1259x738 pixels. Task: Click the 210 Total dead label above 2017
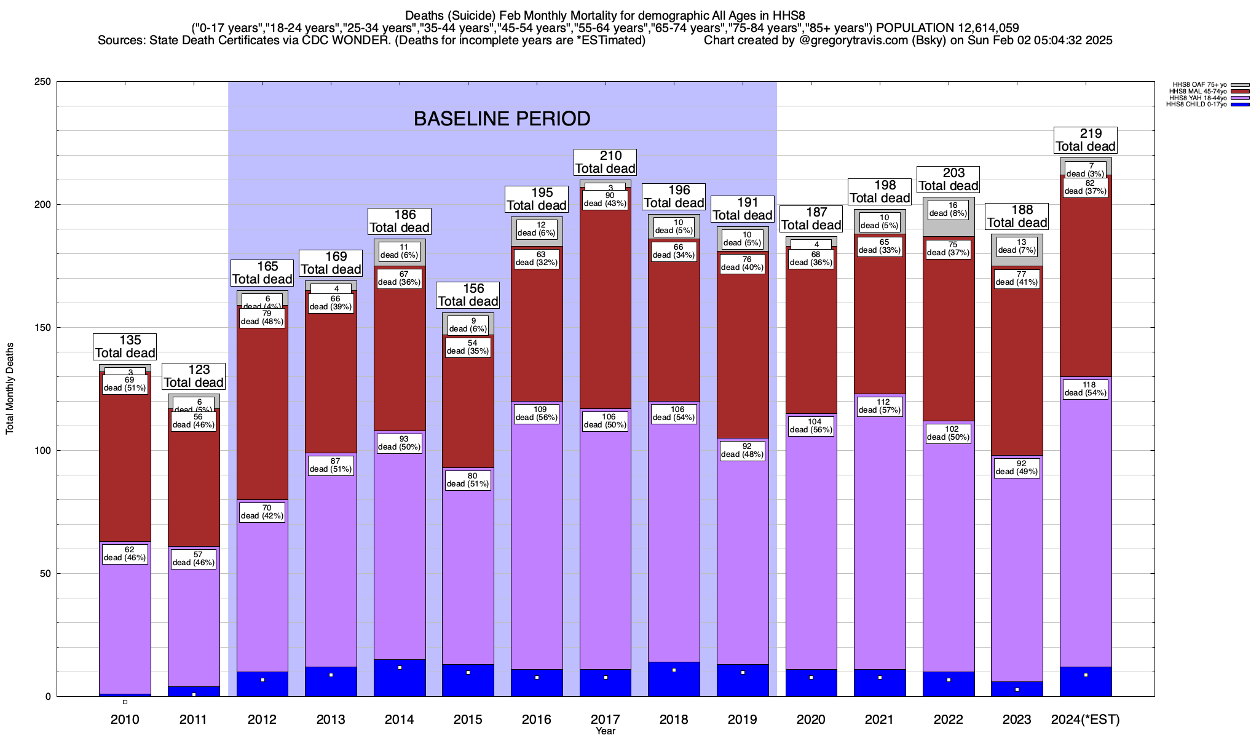(x=606, y=162)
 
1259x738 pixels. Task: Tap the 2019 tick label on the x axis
(x=743, y=720)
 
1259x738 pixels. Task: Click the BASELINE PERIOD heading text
(x=502, y=119)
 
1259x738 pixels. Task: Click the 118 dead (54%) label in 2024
(x=1086, y=389)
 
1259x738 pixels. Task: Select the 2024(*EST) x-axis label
(x=1086, y=720)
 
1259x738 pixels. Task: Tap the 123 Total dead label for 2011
(x=194, y=376)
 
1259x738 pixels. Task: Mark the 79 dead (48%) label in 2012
(x=262, y=317)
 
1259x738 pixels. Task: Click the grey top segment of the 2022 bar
(x=949, y=228)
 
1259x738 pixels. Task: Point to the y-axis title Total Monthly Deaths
(x=10, y=389)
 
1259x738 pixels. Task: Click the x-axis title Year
(x=606, y=731)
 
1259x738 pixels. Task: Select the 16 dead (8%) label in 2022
(x=949, y=210)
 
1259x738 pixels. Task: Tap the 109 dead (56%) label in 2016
(x=537, y=413)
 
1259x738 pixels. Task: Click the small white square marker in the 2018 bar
(x=674, y=670)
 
